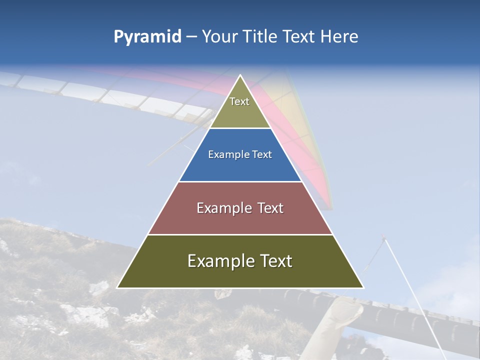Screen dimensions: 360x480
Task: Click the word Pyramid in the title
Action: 147,37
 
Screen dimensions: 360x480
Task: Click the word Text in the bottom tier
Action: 275,261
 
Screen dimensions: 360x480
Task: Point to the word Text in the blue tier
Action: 261,155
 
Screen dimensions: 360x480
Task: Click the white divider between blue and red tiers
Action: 240,181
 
